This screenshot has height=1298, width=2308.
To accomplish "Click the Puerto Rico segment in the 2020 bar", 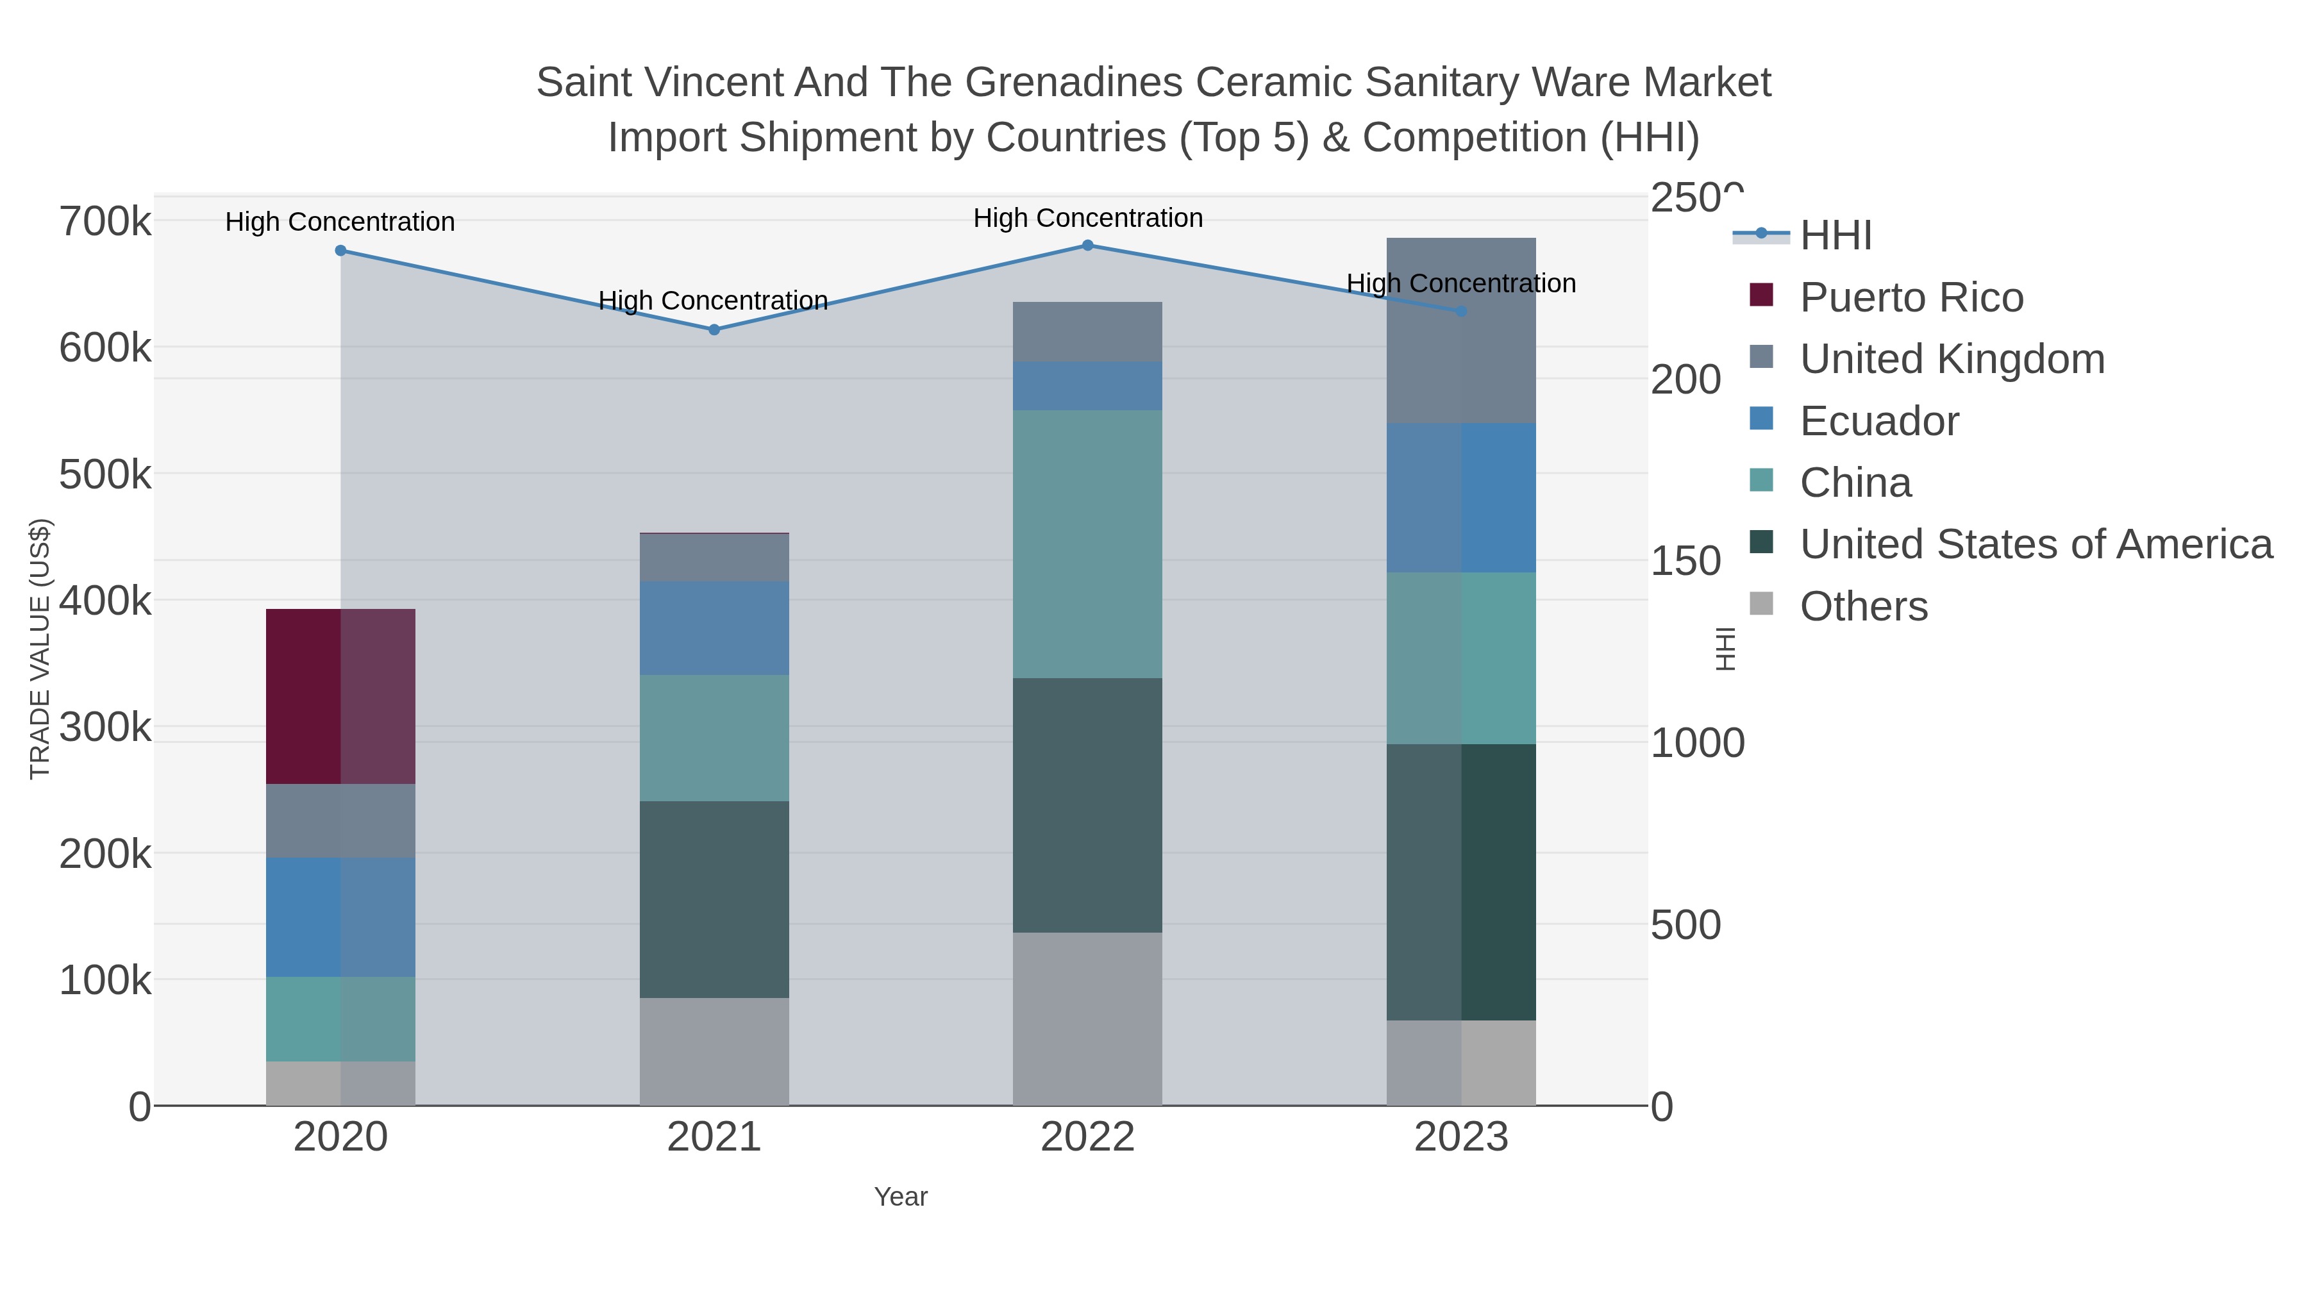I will (340, 696).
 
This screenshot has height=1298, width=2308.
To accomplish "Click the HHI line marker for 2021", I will (714, 329).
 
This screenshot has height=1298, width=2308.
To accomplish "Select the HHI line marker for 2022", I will (1088, 245).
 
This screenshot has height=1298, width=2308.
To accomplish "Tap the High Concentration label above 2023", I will (1460, 283).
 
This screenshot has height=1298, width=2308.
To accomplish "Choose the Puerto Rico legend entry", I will (1911, 297).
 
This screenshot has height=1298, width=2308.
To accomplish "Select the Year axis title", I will (901, 1196).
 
